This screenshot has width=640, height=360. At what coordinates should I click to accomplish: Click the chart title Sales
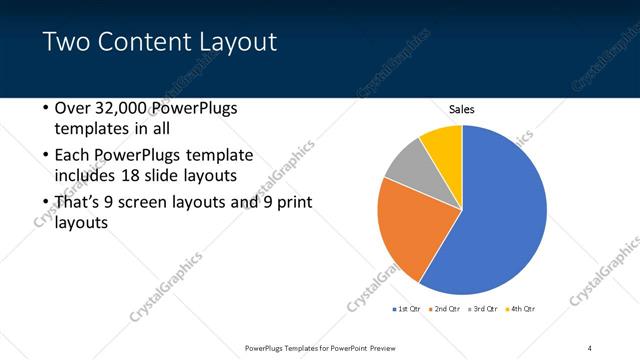tap(461, 109)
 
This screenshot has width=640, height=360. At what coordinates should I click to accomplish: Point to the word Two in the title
tap(65, 42)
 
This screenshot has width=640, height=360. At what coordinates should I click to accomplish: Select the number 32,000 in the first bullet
tap(125, 108)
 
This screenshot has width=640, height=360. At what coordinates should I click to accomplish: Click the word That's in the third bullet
tap(79, 202)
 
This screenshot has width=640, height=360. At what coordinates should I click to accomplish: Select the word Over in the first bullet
tap(73, 108)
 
